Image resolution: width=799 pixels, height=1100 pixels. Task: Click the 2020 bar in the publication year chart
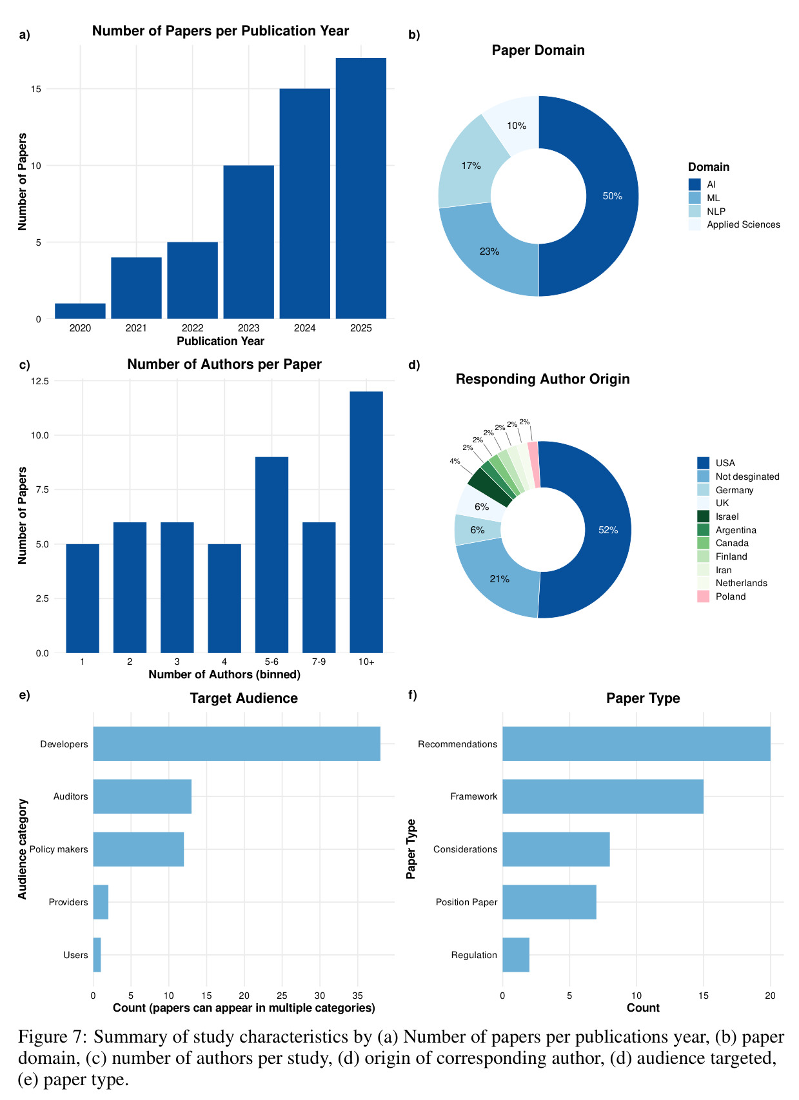(x=80, y=311)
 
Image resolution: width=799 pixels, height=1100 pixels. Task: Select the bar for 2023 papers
(x=248, y=242)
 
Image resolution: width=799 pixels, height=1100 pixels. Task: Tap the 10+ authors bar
(x=366, y=522)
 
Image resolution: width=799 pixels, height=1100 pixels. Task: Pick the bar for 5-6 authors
(x=271, y=555)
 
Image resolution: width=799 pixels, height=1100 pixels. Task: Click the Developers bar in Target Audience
(x=237, y=743)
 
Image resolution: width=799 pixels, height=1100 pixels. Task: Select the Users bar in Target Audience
(x=97, y=955)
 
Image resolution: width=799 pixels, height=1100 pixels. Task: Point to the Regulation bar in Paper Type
(x=516, y=955)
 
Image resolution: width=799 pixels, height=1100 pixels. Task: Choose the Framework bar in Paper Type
(x=602, y=796)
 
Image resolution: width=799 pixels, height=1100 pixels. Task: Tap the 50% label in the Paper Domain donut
(x=613, y=196)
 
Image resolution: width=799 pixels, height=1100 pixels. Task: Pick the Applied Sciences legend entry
(x=734, y=224)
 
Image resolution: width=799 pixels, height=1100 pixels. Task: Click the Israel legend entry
(x=718, y=516)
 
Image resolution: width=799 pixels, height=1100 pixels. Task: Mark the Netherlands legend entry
(x=732, y=583)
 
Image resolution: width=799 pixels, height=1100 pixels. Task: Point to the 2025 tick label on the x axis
(x=361, y=328)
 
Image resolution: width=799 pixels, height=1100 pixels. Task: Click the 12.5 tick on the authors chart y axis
(x=39, y=381)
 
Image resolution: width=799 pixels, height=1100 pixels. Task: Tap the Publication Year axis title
(x=221, y=341)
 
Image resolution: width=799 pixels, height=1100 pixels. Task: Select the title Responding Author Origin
(x=542, y=379)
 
